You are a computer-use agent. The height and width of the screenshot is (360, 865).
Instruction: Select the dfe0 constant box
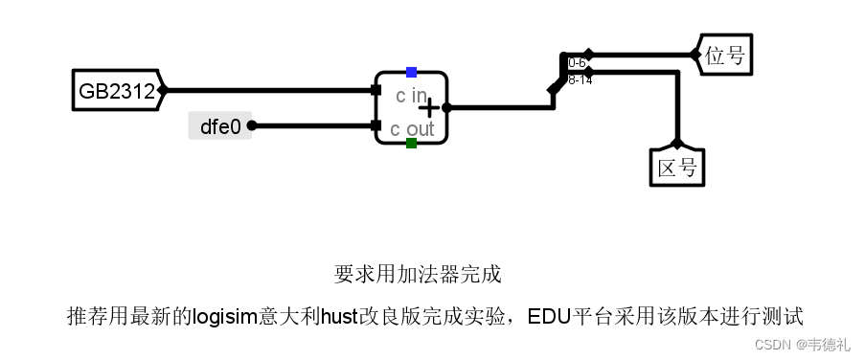[219, 124]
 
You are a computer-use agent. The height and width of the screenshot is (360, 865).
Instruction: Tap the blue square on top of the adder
[411, 72]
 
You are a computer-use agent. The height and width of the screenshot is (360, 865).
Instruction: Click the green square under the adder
[411, 144]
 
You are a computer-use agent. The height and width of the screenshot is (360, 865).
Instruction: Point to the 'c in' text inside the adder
[411, 95]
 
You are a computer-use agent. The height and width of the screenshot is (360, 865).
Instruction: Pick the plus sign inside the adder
[429, 108]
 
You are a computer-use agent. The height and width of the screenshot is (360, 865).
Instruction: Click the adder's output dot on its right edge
[446, 108]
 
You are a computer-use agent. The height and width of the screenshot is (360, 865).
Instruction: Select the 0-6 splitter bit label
[577, 63]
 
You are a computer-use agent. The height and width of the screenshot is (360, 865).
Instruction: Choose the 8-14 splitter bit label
[580, 80]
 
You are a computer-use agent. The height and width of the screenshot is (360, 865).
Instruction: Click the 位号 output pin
[724, 55]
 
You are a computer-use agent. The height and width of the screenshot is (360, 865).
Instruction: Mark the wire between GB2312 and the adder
[268, 90]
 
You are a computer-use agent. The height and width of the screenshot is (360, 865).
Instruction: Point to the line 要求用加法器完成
[418, 274]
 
